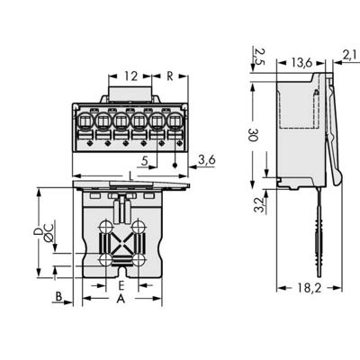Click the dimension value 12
pos(132,76)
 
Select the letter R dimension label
pos(170,76)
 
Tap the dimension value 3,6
pos(205,160)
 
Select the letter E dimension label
pos(121,285)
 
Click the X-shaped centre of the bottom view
pos(121,243)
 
